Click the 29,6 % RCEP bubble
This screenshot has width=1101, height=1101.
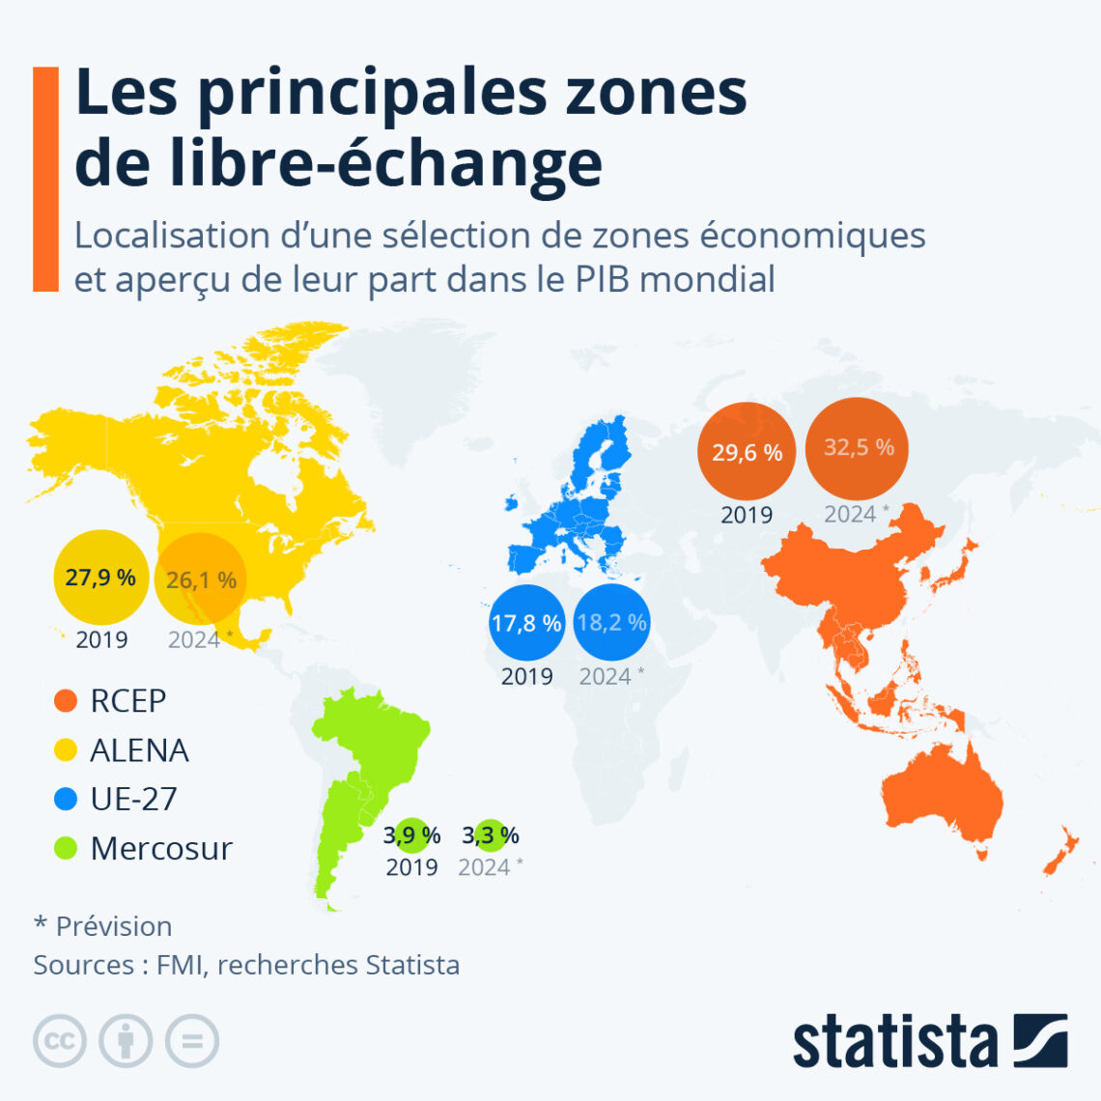tap(747, 452)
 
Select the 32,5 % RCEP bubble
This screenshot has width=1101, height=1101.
tap(858, 448)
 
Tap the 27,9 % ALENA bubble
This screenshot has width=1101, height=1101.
tap(100, 578)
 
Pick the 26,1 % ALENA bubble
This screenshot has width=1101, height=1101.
tap(201, 579)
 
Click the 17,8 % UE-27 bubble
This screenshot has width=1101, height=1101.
tap(526, 623)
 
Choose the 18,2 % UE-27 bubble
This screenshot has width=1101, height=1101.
tap(610, 622)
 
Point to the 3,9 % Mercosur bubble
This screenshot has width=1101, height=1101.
tap(412, 835)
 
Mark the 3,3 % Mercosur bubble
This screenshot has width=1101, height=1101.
tap(491, 835)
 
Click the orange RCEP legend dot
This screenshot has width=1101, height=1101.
tap(66, 700)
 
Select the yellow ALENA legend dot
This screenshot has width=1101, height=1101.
tap(66, 749)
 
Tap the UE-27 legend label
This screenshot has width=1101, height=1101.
tap(133, 799)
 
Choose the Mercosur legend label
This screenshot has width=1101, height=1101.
tap(161, 848)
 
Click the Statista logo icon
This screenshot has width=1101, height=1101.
tap(1040, 1040)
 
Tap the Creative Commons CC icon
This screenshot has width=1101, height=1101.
tap(60, 1041)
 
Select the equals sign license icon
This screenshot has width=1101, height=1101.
tap(191, 1041)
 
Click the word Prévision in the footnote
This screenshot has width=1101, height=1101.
tap(114, 925)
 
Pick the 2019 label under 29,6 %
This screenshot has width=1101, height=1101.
tap(747, 515)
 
